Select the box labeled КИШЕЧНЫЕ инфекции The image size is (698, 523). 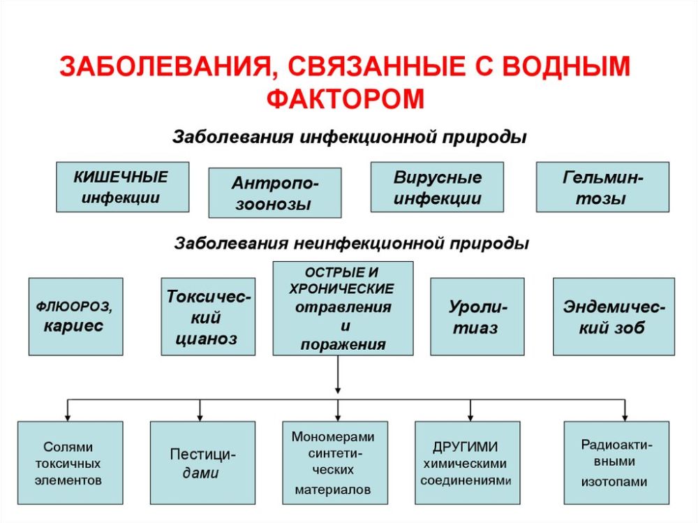tap(122, 186)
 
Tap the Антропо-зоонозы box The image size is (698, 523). tap(275, 193)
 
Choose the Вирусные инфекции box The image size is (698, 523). tap(437, 186)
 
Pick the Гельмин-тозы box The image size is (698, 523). tap(602, 186)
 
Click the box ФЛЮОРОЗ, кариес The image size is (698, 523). tap(75, 316)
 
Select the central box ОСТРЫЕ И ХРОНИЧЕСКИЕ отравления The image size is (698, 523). tap(343, 308)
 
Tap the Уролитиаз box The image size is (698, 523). tap(477, 316)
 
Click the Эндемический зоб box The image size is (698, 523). tap(614, 316)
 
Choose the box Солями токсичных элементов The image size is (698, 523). tap(70, 462)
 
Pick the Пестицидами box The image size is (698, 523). tap(202, 462)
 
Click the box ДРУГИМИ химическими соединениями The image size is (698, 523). tap(468, 462)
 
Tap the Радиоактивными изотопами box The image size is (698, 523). tap(616, 462)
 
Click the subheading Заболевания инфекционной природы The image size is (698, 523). tap(349, 136)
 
